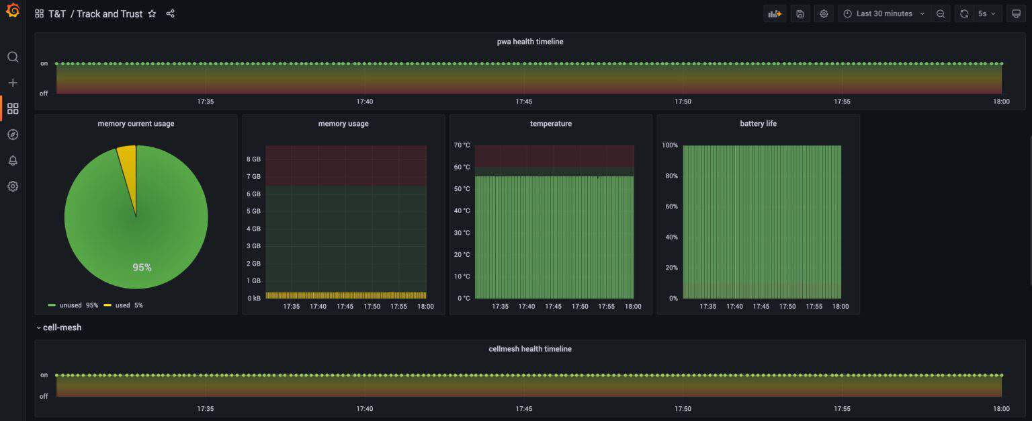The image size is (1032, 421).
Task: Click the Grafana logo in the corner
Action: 12,11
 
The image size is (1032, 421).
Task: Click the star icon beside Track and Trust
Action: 152,13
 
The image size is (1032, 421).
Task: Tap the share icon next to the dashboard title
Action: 171,13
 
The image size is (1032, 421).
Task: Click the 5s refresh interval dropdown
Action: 987,13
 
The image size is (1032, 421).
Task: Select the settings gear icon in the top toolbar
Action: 824,13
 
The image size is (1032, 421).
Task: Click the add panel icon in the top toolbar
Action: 775,13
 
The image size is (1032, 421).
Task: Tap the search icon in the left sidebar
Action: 13,57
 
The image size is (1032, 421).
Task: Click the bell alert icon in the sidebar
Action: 13,160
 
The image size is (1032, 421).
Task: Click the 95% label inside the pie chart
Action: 142,267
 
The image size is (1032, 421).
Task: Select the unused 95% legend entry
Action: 73,305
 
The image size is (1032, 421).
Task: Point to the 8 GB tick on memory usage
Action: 253,159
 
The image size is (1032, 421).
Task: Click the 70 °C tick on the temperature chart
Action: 462,145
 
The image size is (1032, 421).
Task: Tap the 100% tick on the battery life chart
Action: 669,145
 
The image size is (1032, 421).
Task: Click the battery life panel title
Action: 758,124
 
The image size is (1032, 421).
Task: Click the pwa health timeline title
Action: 530,42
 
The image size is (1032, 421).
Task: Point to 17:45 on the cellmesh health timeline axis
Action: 523,408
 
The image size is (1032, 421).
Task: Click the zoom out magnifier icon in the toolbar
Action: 940,13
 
